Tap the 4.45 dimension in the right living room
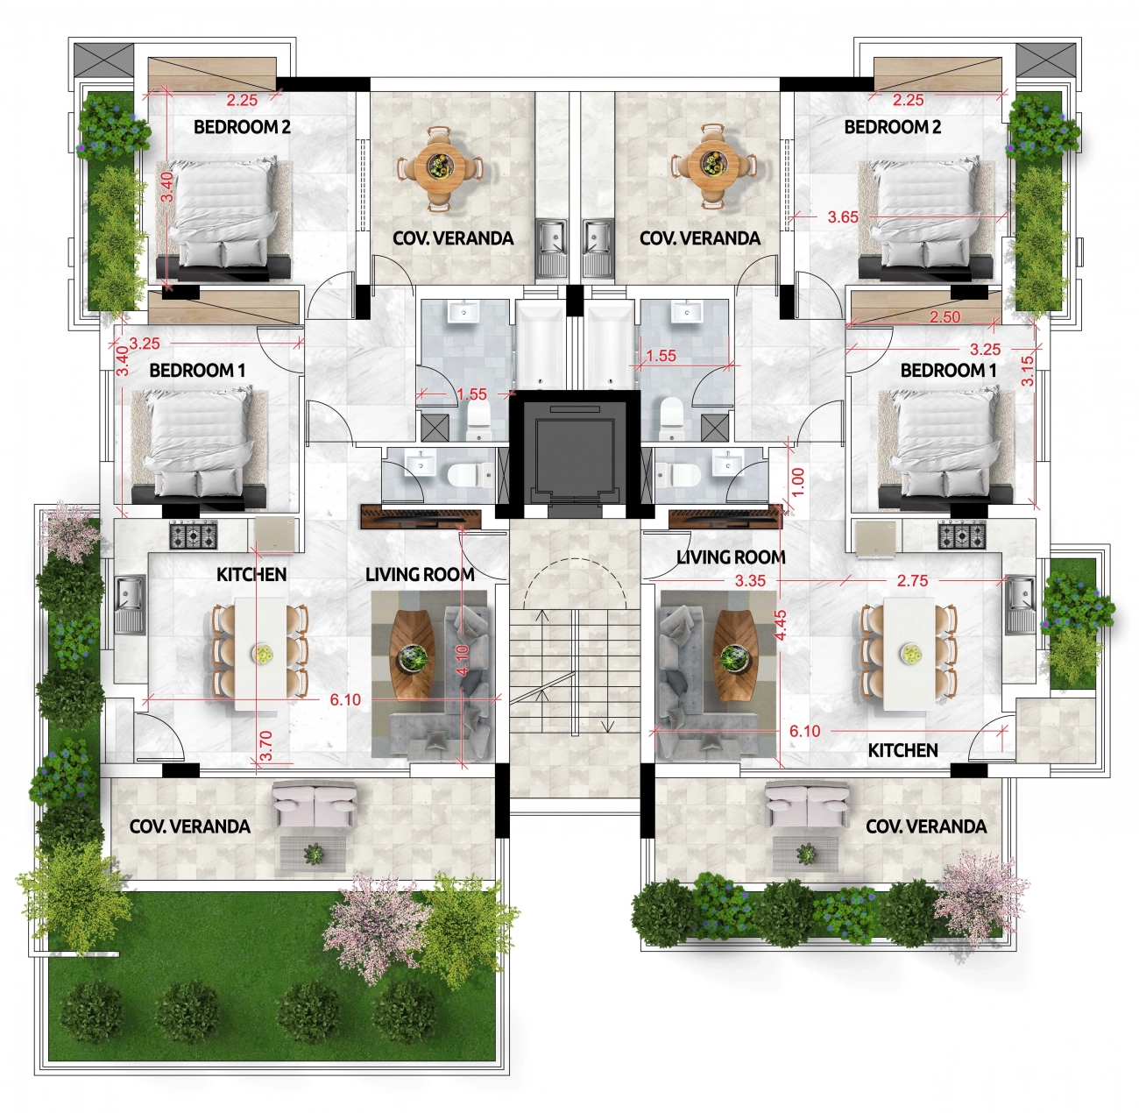click(780, 625)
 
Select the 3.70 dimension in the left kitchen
click(265, 745)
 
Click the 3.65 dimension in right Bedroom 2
click(843, 217)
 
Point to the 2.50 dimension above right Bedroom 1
click(944, 316)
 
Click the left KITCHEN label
click(251, 574)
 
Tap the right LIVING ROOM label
click(731, 557)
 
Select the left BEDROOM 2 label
click(243, 127)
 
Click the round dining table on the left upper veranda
click(438, 167)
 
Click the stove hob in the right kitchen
click(962, 535)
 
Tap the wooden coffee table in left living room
click(413, 656)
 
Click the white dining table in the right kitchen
click(909, 654)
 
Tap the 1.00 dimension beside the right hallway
click(797, 481)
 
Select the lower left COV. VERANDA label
click(190, 826)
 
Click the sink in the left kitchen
click(130, 604)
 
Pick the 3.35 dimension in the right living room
click(750, 581)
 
